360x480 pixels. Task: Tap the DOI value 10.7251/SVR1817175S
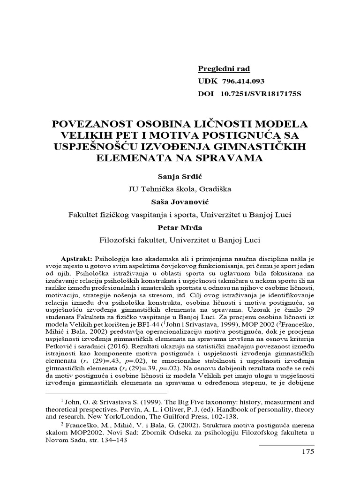point(261,93)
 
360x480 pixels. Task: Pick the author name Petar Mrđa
point(180,227)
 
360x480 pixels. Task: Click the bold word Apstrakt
point(77,259)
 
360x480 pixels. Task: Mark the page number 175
point(307,452)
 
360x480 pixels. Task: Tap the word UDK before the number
point(206,81)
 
